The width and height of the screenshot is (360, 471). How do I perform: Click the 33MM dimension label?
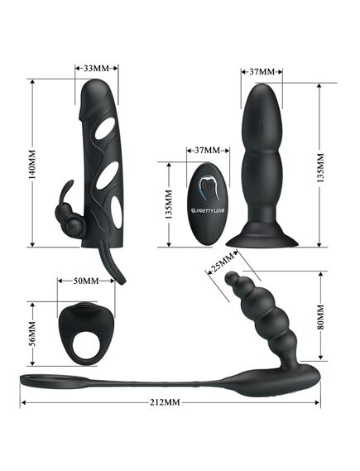pos(96,69)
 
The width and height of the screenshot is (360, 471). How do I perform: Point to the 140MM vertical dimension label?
pos(31,164)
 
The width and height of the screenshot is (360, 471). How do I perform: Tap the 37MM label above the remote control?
pos(208,150)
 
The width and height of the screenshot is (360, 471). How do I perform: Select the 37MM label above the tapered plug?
pos(262,72)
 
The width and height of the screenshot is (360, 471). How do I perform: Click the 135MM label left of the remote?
pos(169,204)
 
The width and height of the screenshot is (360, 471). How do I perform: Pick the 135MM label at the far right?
pos(320,168)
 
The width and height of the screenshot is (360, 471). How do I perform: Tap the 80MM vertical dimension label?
pos(321,317)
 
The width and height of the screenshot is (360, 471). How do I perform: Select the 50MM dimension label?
pos(86,281)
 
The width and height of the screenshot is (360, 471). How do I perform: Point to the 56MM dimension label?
pos(32,334)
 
